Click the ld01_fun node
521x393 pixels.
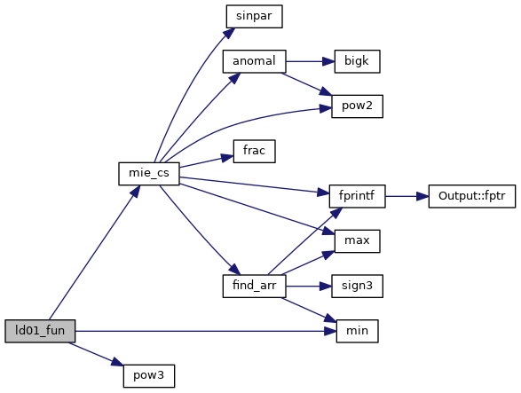click(40, 331)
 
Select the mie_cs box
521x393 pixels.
click(149, 173)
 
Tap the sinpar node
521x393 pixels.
click(254, 16)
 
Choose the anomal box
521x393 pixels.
click(254, 61)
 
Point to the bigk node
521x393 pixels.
click(357, 61)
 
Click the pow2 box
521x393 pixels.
click(357, 106)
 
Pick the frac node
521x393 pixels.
click(254, 151)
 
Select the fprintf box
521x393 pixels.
click(357, 196)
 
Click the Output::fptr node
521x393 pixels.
click(472, 196)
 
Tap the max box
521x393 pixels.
click(357, 241)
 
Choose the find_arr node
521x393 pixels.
click(254, 286)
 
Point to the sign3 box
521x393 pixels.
click(357, 286)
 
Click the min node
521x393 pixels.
click(357, 331)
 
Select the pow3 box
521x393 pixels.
click(149, 376)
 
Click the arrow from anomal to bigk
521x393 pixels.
click(310, 61)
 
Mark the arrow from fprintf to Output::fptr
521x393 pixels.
click(407, 196)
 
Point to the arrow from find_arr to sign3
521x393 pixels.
click(309, 286)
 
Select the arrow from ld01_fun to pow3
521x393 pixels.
click(97, 354)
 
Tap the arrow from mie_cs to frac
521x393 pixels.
click(206, 161)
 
